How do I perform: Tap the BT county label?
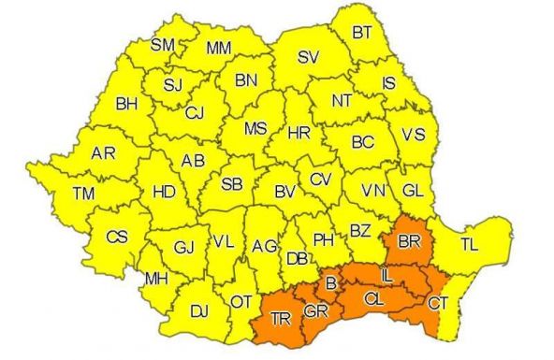pos(361,33)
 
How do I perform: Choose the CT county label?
pos(438,303)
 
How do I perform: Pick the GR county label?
pos(315,310)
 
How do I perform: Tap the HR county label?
pos(299,134)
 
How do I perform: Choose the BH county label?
pos(126,104)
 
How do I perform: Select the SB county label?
pos(232,183)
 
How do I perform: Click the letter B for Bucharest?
pos(329,281)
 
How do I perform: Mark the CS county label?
pos(116,237)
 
